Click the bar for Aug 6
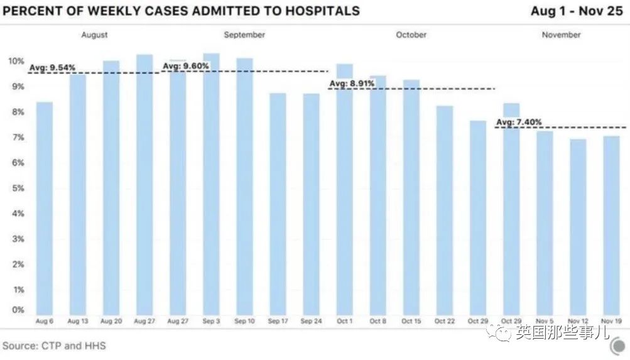(x=44, y=207)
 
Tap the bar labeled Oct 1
(x=345, y=188)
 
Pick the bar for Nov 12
(x=578, y=226)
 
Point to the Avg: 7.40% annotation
(x=519, y=122)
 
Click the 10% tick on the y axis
(x=16, y=61)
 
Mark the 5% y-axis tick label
(x=18, y=188)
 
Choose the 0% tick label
(x=18, y=310)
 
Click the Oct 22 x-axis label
(x=445, y=322)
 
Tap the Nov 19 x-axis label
(x=611, y=322)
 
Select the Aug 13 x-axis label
(x=77, y=322)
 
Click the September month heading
(x=244, y=35)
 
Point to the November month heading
(x=561, y=35)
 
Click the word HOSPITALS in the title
(x=318, y=11)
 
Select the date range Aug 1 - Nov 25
(x=577, y=11)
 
